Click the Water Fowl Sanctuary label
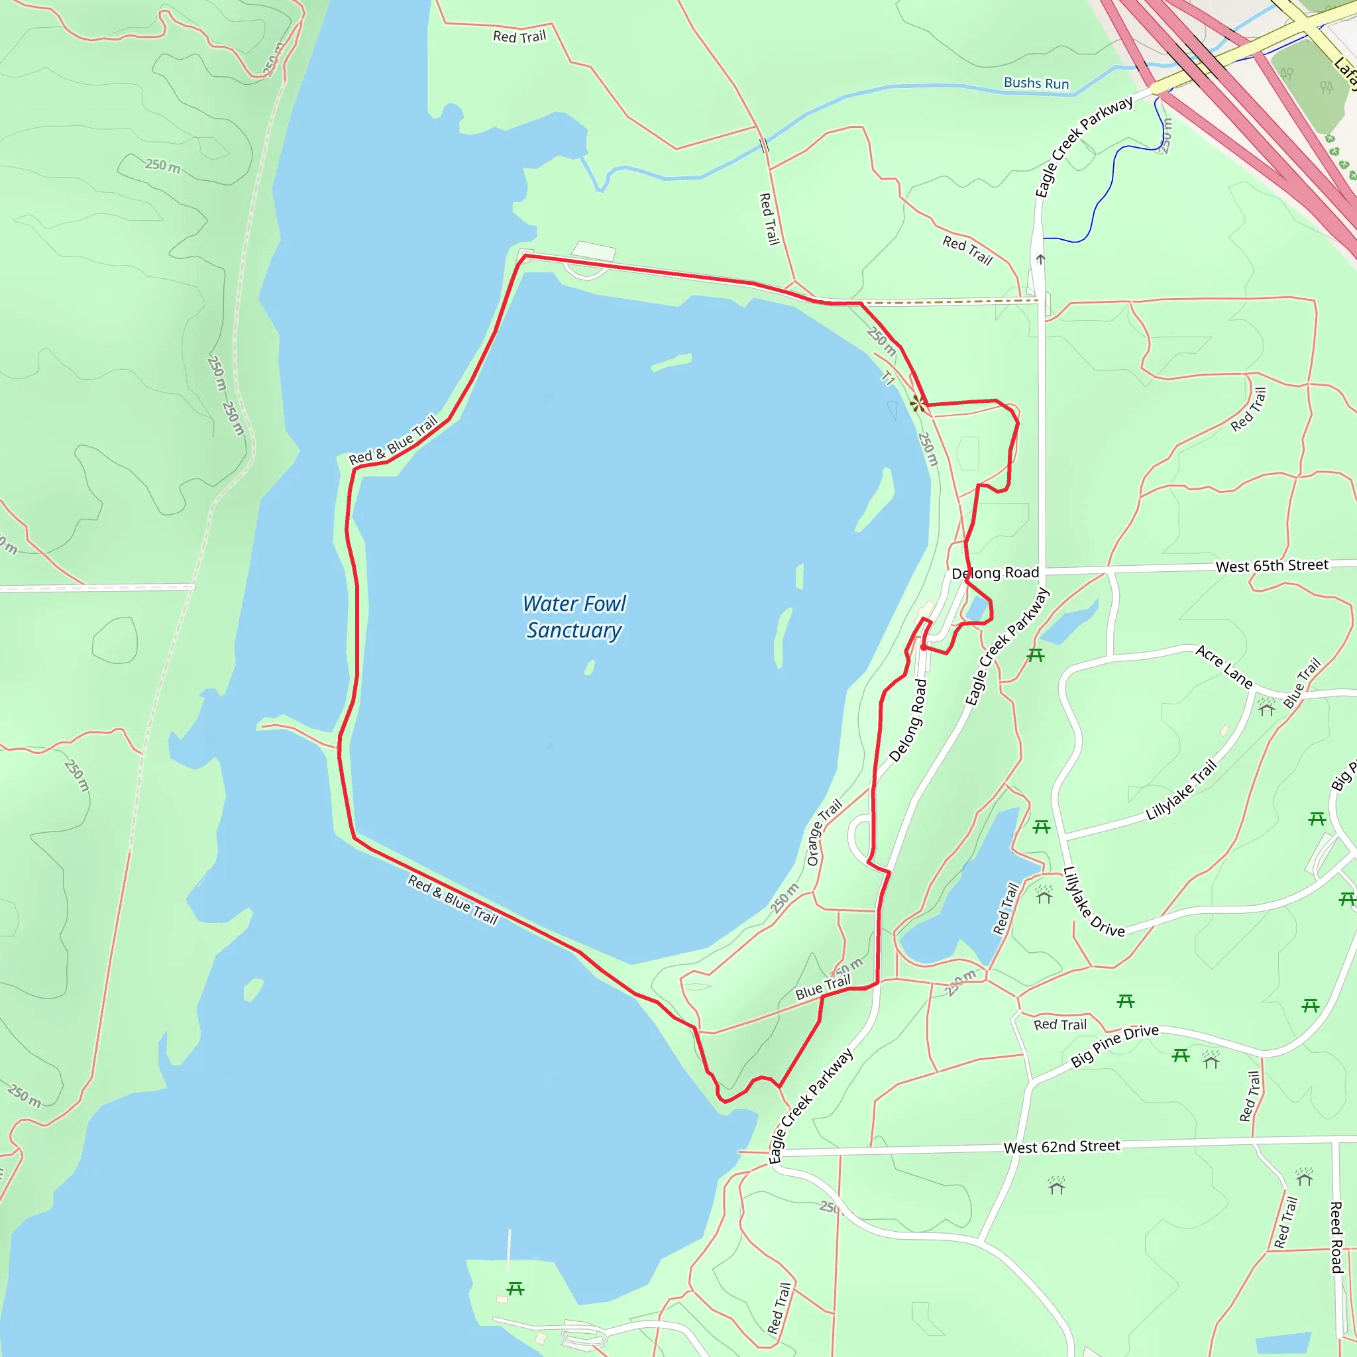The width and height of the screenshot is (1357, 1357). point(574,617)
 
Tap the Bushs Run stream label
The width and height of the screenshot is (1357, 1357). point(1036,83)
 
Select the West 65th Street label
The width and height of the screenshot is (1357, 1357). point(1272,565)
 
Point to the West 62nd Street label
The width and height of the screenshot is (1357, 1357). point(1061,1147)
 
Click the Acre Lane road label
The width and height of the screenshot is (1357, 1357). point(1224,667)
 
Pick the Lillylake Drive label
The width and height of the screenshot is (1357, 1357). point(1093,902)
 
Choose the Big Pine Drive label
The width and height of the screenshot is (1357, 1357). point(1114,1046)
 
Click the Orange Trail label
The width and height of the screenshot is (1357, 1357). point(824,832)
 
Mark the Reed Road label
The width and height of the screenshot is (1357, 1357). point(1336,1237)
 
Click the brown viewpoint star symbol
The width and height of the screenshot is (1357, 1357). point(918,404)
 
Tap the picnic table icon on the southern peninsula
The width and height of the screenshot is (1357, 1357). point(516,1288)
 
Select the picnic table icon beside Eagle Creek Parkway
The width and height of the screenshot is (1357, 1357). point(1036,655)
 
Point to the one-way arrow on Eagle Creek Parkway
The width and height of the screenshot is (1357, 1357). point(1040,259)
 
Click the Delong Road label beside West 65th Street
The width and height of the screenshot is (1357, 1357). point(995,572)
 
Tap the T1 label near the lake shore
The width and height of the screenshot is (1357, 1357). point(888,378)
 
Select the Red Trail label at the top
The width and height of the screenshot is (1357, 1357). point(519,36)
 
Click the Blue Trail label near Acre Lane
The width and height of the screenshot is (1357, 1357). point(1302,682)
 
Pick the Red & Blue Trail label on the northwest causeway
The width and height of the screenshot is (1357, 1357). point(393,441)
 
